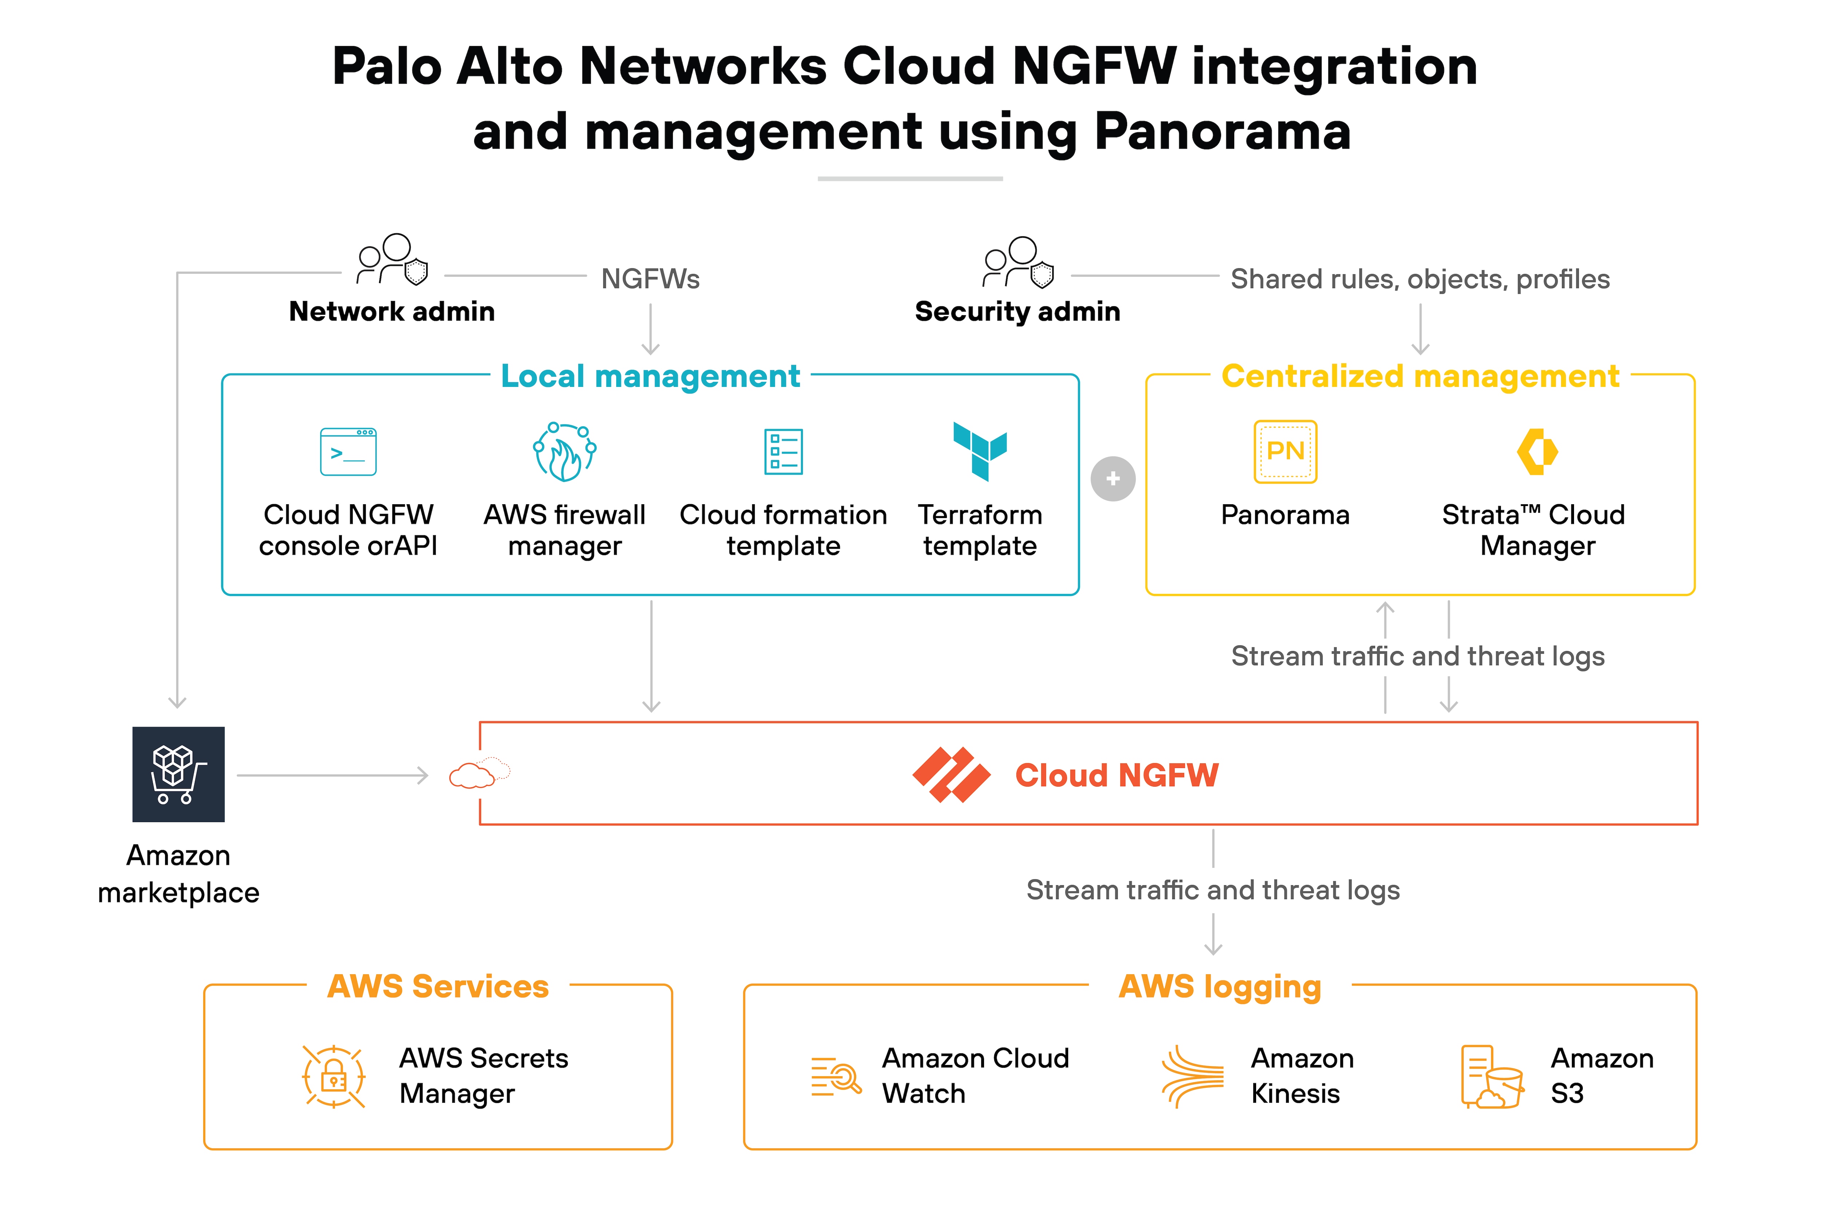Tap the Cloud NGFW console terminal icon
click(x=348, y=452)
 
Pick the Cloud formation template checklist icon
click(x=783, y=452)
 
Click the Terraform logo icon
click(x=980, y=451)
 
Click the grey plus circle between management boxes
click(x=1113, y=479)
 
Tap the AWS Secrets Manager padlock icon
click(x=333, y=1077)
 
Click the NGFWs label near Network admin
click(x=650, y=279)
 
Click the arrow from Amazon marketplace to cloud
click(x=333, y=775)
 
